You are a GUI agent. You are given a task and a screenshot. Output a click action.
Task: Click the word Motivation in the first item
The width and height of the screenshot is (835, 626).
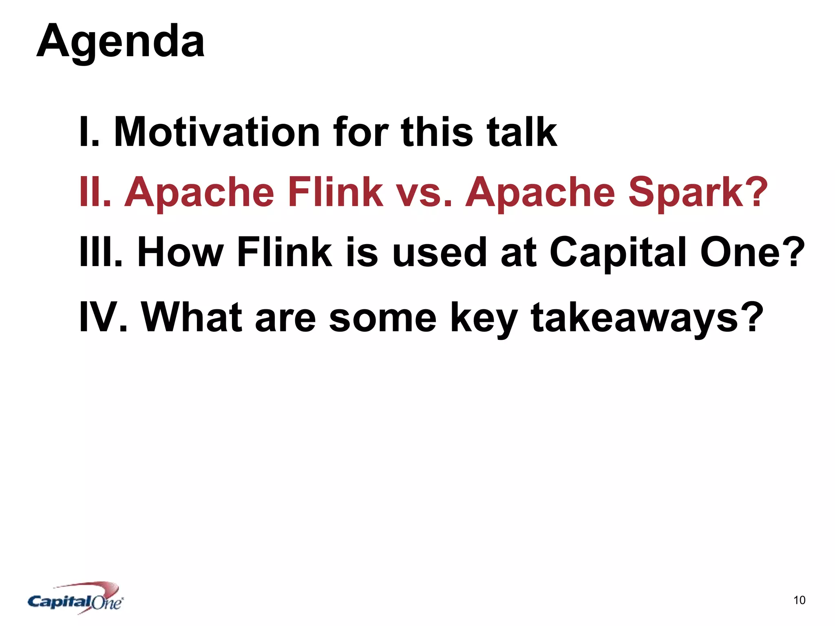tap(217, 132)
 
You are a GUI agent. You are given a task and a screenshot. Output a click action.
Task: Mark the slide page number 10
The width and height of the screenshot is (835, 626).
tap(799, 600)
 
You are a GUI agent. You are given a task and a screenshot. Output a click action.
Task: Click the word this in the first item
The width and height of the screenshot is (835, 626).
tap(437, 132)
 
